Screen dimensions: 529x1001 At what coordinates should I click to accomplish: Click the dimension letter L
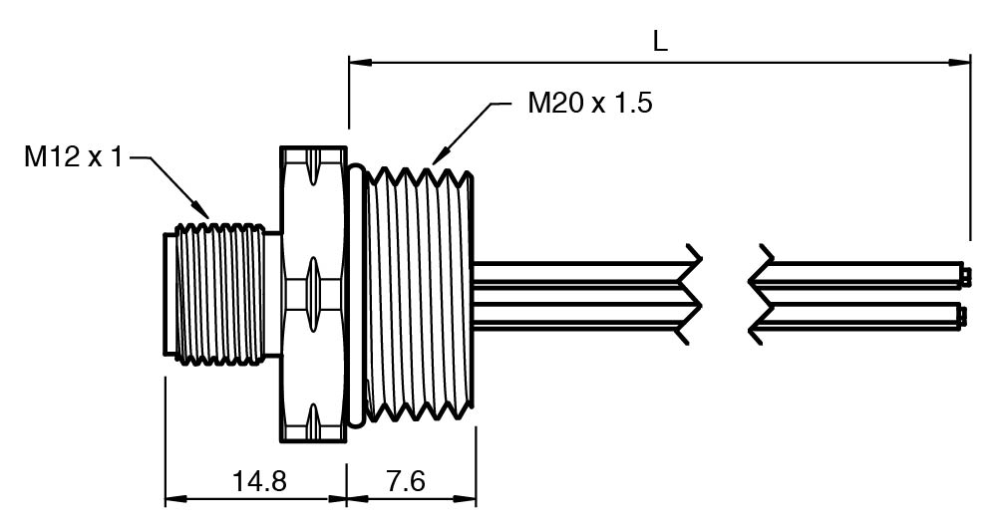(x=659, y=41)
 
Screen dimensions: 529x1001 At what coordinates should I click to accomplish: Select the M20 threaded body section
(x=420, y=296)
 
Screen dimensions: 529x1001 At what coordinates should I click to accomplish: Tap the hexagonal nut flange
(x=313, y=295)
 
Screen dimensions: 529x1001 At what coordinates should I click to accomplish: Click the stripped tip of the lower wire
(x=964, y=315)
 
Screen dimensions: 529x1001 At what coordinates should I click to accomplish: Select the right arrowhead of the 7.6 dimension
(x=471, y=498)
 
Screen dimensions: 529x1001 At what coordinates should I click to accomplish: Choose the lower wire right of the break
(x=857, y=315)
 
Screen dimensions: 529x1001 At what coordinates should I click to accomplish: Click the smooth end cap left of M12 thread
(x=169, y=295)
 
